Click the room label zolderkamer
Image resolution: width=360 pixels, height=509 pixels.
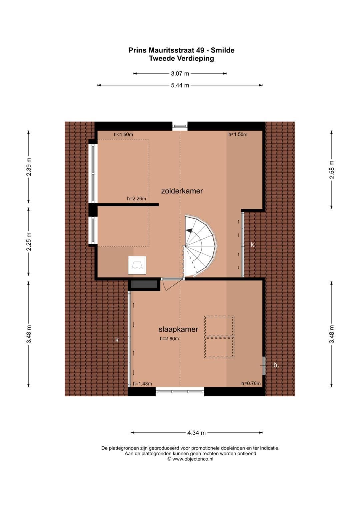point(182,191)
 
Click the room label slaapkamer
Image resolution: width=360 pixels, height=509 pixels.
point(178,329)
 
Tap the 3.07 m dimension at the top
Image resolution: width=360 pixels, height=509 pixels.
point(180,74)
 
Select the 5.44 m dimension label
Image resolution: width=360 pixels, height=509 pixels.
point(180,85)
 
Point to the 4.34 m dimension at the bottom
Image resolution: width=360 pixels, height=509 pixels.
point(196,433)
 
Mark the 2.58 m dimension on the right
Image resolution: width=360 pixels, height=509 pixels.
point(331,170)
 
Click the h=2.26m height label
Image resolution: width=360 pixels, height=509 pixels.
point(136,199)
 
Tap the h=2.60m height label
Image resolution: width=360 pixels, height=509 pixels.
point(169,339)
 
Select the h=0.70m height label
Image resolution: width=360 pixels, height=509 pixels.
point(251,383)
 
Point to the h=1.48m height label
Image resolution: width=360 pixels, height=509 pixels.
point(142,384)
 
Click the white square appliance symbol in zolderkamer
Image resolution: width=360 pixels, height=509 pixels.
point(137,265)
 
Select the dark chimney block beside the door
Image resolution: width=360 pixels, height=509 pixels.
point(144,284)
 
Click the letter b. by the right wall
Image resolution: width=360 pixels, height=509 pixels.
point(276,365)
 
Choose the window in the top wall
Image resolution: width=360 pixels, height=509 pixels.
point(180,126)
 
